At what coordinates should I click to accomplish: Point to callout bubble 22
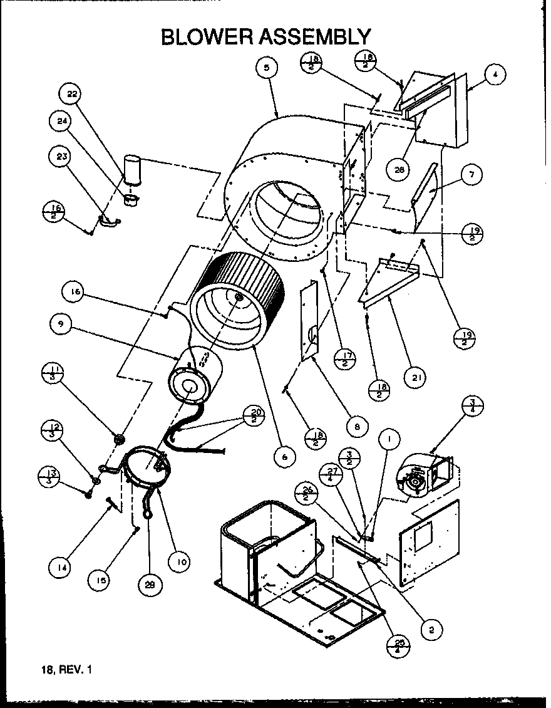[71, 95]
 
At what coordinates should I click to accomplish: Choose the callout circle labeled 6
[284, 457]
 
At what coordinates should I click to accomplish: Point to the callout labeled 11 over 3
[54, 373]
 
